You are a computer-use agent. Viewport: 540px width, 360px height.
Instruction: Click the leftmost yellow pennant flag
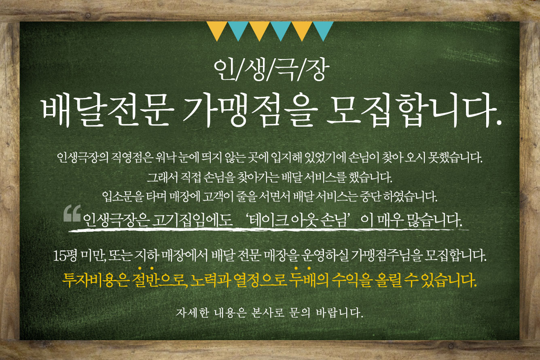point(217,29)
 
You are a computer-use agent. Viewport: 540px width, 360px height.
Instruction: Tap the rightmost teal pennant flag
point(323,29)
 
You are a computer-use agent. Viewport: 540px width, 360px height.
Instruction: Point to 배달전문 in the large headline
point(108,111)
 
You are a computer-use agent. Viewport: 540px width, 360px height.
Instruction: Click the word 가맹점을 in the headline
point(250,111)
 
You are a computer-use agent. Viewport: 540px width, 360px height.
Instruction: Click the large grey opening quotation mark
point(72,214)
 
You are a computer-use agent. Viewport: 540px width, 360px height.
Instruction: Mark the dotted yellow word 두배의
point(309,280)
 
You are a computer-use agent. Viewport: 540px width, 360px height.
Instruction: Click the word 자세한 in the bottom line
point(192,313)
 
